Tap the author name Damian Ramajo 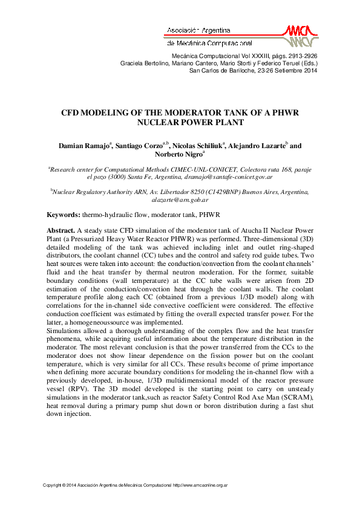click(83, 146)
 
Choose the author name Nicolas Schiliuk click(199, 146)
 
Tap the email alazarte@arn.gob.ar click(180, 199)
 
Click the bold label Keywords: click(64, 215)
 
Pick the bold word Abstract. click(61, 230)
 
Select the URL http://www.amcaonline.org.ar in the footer click(200, 485)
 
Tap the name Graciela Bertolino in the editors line click(142, 63)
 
